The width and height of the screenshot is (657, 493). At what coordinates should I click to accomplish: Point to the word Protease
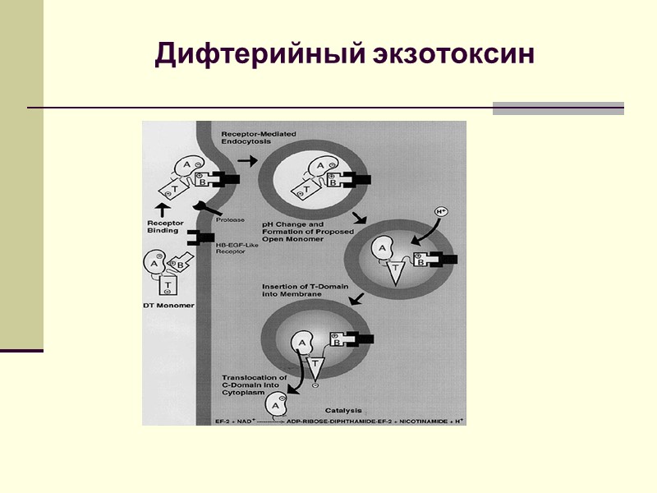(230, 219)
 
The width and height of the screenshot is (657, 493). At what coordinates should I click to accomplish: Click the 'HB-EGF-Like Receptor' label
(234, 247)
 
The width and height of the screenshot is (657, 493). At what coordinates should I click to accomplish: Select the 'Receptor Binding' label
(165, 227)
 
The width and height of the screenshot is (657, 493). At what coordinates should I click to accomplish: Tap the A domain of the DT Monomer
(156, 262)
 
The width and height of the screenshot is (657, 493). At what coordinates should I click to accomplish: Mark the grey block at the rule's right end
(558, 108)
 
